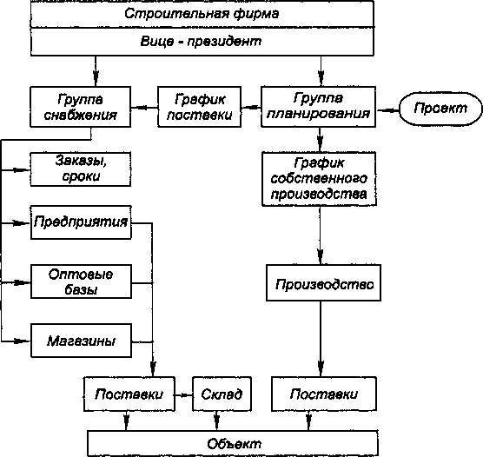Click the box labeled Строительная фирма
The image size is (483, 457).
point(202,14)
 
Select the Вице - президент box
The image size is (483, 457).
point(202,42)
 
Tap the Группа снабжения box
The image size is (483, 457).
point(81,107)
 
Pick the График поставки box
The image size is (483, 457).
point(199,107)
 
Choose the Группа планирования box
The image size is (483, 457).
point(318,107)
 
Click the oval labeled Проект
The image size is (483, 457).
point(440,109)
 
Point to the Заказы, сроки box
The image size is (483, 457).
point(81,169)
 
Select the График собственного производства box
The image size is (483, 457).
point(319,179)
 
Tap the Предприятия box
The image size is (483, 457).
point(81,222)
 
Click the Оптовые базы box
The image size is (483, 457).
point(81,281)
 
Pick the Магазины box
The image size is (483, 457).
point(81,341)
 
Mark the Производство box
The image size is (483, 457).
point(323,282)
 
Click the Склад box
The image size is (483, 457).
point(222,394)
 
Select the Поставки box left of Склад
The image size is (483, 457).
point(129,394)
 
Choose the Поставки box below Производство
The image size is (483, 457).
point(324,394)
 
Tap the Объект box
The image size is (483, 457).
point(233,444)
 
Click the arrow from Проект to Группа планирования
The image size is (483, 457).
point(387,110)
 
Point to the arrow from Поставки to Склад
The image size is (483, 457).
point(184,395)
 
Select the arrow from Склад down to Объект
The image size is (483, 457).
point(217,421)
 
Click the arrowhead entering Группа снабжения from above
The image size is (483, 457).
point(96,78)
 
